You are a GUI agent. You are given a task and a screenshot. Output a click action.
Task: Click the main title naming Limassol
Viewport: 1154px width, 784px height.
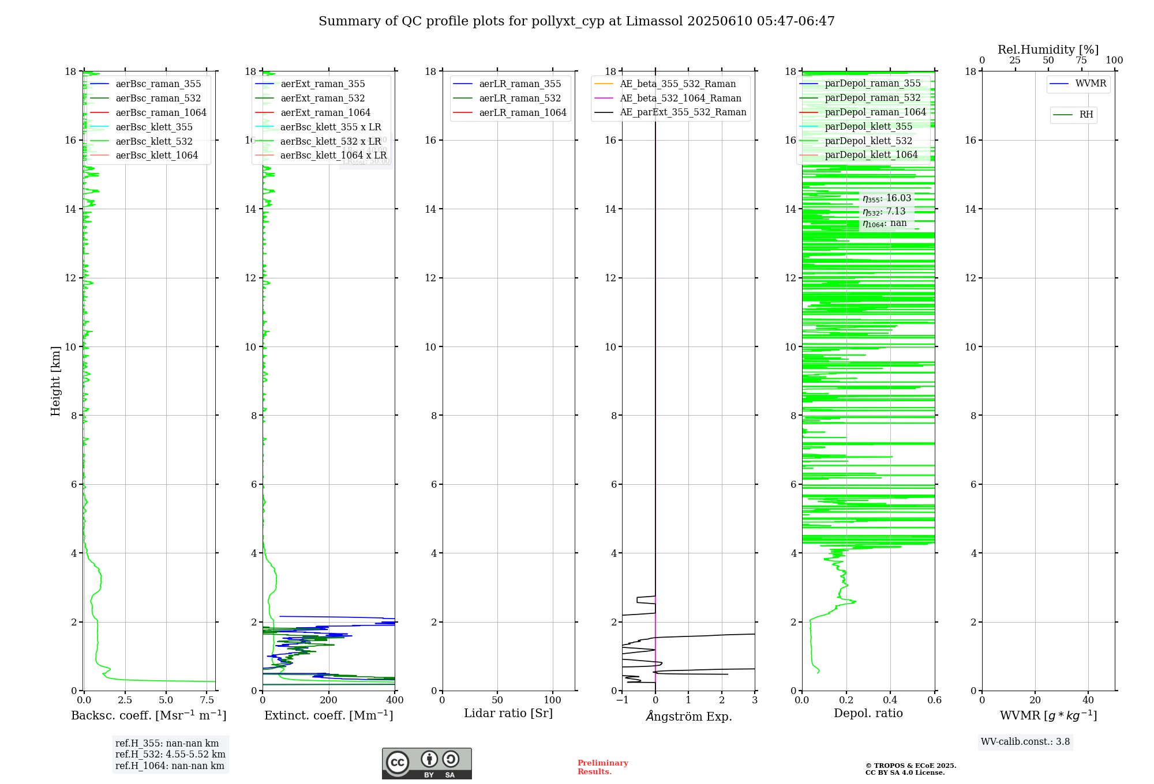pyautogui.click(x=576, y=21)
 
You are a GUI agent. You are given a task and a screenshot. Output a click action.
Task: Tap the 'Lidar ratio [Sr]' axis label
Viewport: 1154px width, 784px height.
pyautogui.click(x=508, y=713)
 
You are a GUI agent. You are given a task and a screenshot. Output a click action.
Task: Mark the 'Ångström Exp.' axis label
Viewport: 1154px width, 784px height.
pyautogui.click(x=689, y=716)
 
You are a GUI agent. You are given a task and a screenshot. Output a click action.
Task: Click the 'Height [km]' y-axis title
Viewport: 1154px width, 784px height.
pyautogui.click(x=55, y=380)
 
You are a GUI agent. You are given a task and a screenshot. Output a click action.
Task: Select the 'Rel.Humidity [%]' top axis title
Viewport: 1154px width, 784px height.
pyautogui.click(x=1048, y=50)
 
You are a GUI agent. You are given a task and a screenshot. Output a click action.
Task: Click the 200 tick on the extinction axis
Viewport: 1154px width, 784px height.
pyautogui.click(x=329, y=700)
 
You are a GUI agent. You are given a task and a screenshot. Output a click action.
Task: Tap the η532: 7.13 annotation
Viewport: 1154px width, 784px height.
pyautogui.click(x=884, y=212)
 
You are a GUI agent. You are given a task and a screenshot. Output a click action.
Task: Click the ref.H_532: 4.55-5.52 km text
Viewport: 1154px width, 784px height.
pyautogui.click(x=170, y=755)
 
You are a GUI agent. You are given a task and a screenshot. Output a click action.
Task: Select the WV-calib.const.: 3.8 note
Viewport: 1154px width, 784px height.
pyautogui.click(x=1025, y=742)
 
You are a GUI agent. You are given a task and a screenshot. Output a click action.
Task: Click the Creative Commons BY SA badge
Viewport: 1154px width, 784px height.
pyautogui.click(x=426, y=764)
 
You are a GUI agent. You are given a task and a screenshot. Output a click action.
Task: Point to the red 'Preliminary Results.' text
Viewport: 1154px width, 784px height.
pyautogui.click(x=602, y=767)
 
